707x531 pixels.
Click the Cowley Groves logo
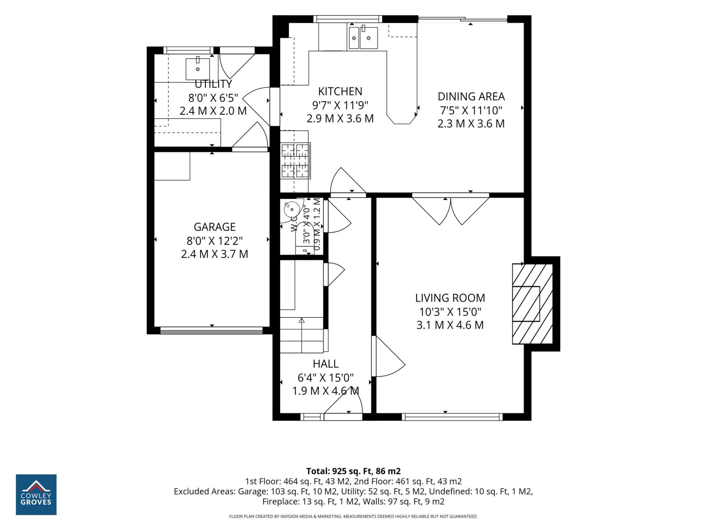36,494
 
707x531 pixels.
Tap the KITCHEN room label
340,91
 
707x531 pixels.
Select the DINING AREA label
471,97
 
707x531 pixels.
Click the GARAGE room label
215,227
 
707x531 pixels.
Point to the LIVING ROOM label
450,298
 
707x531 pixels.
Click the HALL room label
326,364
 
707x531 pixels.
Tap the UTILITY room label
214,84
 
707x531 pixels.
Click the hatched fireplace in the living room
532,304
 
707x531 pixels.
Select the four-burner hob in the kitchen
295,161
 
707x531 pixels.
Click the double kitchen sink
363,38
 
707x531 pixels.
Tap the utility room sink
198,69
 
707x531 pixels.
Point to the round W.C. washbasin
292,209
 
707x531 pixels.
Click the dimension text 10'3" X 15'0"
450,312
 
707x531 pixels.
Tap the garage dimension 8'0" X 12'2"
215,241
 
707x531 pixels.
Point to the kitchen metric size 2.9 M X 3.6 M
340,119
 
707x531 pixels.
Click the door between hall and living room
388,356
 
